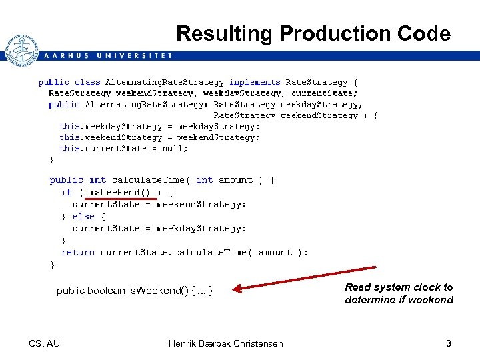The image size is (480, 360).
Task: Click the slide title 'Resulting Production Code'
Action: click(313, 34)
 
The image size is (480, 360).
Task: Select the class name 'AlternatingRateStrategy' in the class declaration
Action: click(164, 83)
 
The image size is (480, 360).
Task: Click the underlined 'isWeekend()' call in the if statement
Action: click(115, 192)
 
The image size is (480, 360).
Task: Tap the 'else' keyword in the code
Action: click(83, 216)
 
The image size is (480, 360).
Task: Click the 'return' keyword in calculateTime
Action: click(77, 252)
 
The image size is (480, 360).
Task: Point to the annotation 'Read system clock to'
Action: click(399, 287)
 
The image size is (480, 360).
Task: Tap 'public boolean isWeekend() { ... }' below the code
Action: click(135, 291)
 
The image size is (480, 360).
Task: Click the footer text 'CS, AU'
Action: click(45, 343)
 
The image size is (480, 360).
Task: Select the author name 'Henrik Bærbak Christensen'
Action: click(225, 343)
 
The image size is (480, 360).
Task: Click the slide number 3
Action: click(449, 343)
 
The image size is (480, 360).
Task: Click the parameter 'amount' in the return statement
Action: click(275, 252)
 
